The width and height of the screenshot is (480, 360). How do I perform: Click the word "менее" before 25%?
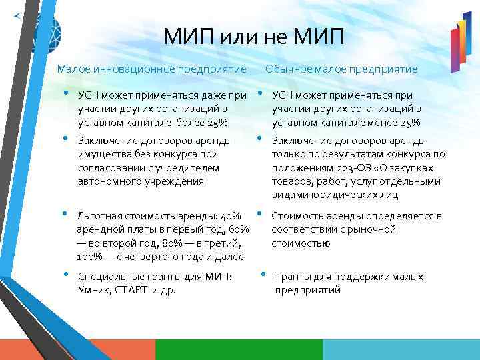coord(385,122)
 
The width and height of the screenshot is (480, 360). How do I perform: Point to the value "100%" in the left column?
coord(89,257)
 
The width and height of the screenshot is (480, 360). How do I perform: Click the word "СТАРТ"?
coord(133,290)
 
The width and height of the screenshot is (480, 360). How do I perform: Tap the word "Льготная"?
coord(99,216)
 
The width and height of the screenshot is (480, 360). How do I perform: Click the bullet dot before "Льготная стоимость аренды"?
coord(65,214)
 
